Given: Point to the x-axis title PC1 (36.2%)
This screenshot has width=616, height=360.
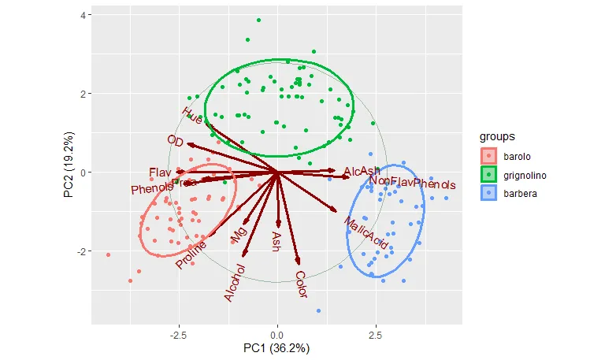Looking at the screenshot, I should [276, 347].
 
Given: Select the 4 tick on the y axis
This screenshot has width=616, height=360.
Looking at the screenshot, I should [82, 16].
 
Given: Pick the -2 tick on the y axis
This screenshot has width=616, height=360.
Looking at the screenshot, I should [80, 251].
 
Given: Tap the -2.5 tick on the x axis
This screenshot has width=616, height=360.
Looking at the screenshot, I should [178, 335].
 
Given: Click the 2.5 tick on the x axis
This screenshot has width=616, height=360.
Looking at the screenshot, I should [376, 335].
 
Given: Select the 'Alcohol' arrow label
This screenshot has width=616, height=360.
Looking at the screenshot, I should [235, 283].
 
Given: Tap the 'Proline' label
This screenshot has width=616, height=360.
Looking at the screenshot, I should [191, 254].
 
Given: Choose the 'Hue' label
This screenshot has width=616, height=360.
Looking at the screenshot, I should [192, 115].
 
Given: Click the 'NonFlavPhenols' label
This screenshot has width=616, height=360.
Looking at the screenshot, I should [412, 183].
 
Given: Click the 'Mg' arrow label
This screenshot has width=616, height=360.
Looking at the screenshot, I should [238, 234].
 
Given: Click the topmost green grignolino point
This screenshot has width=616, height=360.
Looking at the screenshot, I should [258, 20].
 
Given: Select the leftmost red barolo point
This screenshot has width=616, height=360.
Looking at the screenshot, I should [108, 254].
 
